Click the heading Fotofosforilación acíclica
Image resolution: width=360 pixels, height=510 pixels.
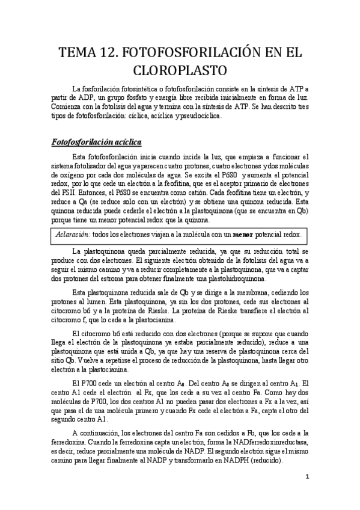coord(96,143)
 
